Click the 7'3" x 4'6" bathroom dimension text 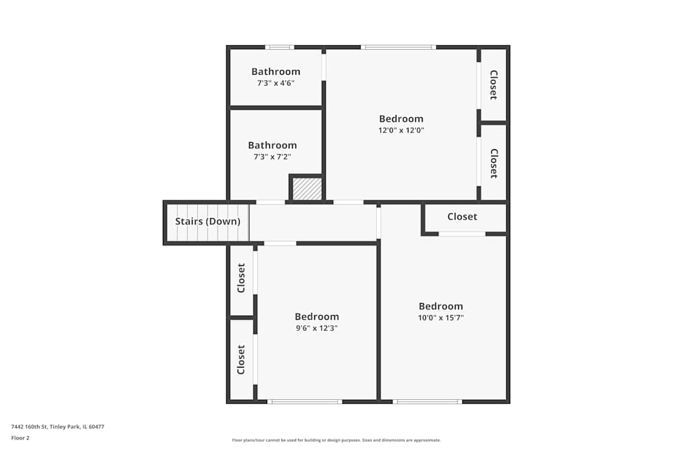pyautogui.click(x=275, y=83)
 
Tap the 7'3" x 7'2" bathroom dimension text pyautogui.click(x=272, y=157)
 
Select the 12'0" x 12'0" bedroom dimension pyautogui.click(x=401, y=130)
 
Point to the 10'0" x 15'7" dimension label pyautogui.click(x=441, y=318)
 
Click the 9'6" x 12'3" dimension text pyautogui.click(x=317, y=328)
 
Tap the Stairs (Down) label pyautogui.click(x=208, y=221)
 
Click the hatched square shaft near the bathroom pyautogui.click(x=307, y=189)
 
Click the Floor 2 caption pyautogui.click(x=20, y=438)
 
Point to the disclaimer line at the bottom pyautogui.click(x=336, y=440)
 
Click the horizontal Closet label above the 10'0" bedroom pyautogui.click(x=462, y=217)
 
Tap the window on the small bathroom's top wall pyautogui.click(x=279, y=47)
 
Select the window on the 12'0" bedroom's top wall pyautogui.click(x=398, y=47)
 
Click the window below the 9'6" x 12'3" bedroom pyautogui.click(x=305, y=402)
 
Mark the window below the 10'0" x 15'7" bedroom pyautogui.click(x=427, y=402)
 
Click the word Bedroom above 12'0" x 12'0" pyautogui.click(x=401, y=119)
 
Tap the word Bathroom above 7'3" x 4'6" pyautogui.click(x=275, y=71)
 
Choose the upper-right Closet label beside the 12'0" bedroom pyautogui.click(x=494, y=85)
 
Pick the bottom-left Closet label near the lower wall pyautogui.click(x=241, y=359)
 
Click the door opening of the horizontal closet pyautogui.click(x=462, y=234)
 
